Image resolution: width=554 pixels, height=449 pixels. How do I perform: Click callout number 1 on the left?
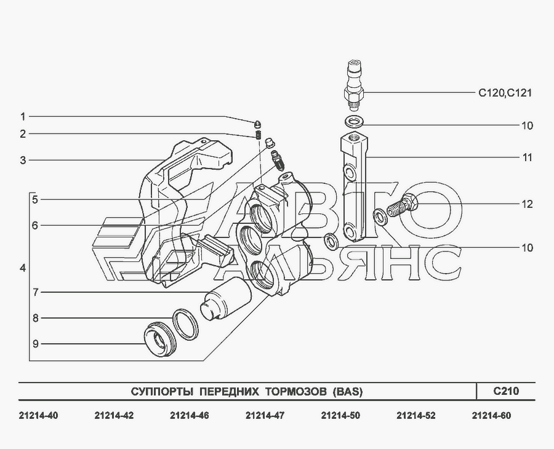pos(23,116)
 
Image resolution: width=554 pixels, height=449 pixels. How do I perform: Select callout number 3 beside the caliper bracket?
pos(23,161)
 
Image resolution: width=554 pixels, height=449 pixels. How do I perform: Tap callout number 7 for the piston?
pos(35,292)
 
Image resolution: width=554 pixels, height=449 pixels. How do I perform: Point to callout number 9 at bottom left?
pos(35,344)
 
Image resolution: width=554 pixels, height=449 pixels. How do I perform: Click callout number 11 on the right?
pos(527,157)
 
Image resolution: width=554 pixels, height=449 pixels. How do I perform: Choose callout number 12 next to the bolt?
pos(527,204)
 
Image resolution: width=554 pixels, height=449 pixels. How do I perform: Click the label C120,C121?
pos(505,93)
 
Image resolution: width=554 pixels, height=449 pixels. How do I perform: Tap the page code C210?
pos(506,391)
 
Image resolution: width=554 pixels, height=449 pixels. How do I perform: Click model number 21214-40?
pos(38,416)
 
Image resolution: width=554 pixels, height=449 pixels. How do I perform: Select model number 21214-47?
pos(265,416)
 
